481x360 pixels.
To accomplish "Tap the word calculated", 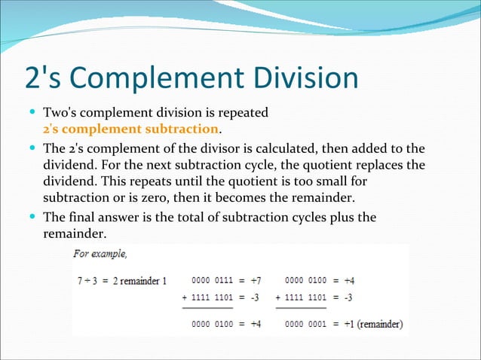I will [x=298, y=148].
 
